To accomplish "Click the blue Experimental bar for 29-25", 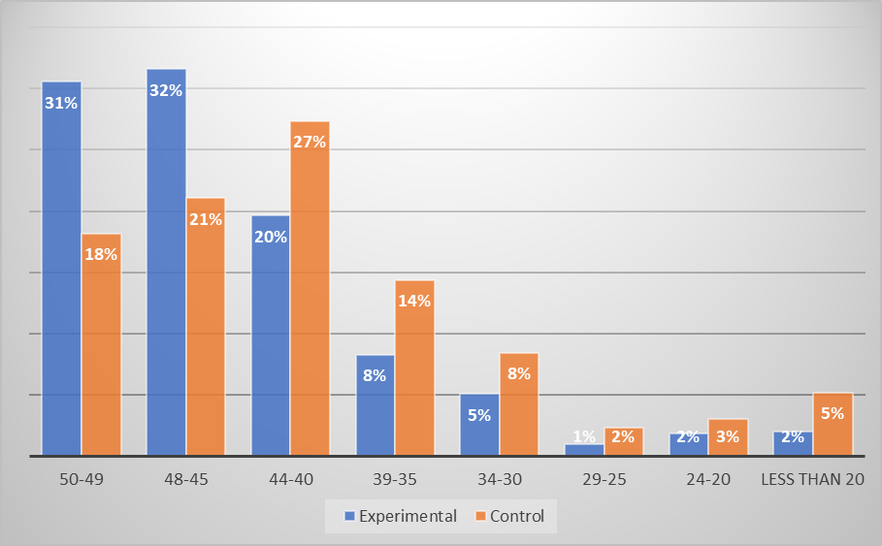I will point(584,449).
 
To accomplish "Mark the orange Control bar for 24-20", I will point(728,438).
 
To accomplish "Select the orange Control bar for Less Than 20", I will point(833,427).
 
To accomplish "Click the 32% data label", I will point(166,90).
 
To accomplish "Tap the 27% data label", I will point(310,142).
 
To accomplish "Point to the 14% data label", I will point(414,301).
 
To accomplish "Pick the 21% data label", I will point(206,219).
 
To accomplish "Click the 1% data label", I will point(584,436).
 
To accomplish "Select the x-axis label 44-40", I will point(290,480).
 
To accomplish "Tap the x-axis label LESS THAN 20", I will point(812,480).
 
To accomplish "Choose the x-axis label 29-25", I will point(604,480).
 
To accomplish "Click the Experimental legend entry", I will point(399,516).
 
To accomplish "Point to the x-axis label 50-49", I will point(82,480).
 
